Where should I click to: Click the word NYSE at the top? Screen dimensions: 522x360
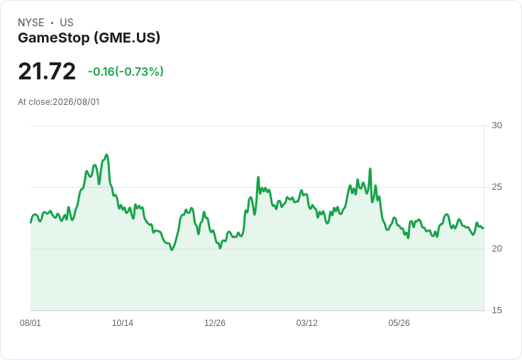coord(31,23)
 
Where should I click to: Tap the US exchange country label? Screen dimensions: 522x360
coord(67,23)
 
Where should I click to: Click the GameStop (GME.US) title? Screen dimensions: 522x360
coord(89,38)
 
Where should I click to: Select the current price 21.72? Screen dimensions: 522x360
coord(47,71)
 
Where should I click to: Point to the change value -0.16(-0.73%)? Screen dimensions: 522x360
coord(126,72)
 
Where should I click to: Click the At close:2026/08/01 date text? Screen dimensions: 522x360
coord(59,102)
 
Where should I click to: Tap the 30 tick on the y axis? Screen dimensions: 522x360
coord(496,125)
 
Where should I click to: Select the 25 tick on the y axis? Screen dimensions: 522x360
coord(496,187)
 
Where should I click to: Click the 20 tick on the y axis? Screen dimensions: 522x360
coord(496,249)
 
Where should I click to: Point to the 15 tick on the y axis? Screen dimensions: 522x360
coord(496,310)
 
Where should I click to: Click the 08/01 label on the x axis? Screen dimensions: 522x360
coord(30,322)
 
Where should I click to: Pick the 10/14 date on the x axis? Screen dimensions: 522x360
coord(123,322)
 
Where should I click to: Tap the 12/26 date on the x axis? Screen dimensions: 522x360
coord(215,322)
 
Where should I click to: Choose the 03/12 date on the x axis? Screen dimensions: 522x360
coord(307,322)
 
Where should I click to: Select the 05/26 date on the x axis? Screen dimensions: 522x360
coord(399,322)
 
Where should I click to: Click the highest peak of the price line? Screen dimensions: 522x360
coord(106,154)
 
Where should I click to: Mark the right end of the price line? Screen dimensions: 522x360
coord(484,228)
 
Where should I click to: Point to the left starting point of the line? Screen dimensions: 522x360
coord(30,223)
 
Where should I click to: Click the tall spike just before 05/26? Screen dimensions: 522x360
coord(370,169)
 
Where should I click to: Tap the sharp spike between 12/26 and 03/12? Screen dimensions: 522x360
coord(258,177)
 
